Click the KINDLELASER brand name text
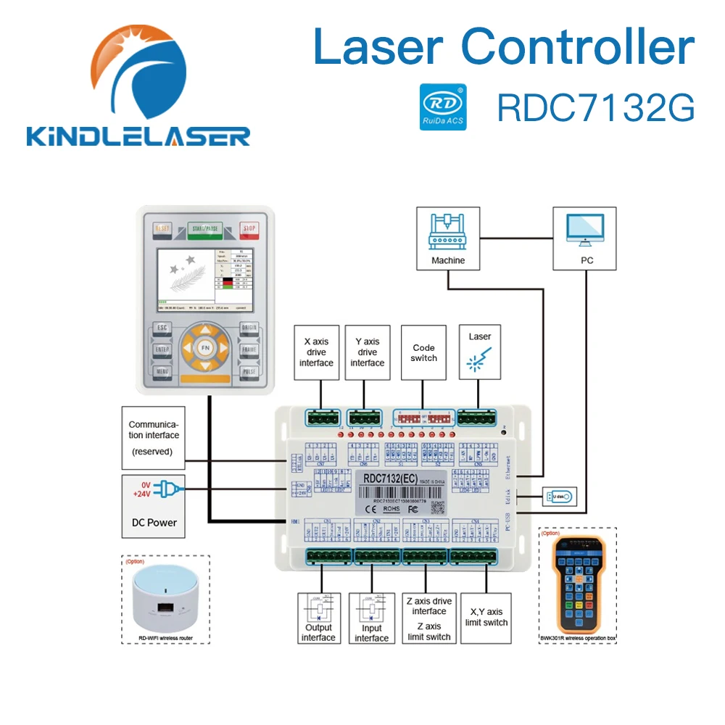pos(138,135)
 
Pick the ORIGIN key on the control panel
pos(249,328)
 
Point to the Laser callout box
pos(479,351)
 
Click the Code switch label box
pos(423,352)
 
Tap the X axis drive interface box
pos(316,352)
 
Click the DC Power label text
pos(152,522)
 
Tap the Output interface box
pos(318,618)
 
